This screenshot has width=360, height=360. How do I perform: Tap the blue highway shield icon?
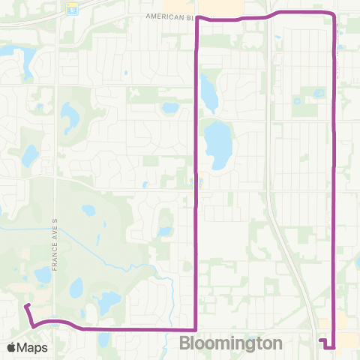coord(71,9)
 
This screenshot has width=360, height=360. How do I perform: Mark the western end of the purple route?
coord(26,305)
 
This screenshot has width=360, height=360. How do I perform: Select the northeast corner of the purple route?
coord(333,15)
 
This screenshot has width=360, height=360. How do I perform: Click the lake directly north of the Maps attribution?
coord(42,275)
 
